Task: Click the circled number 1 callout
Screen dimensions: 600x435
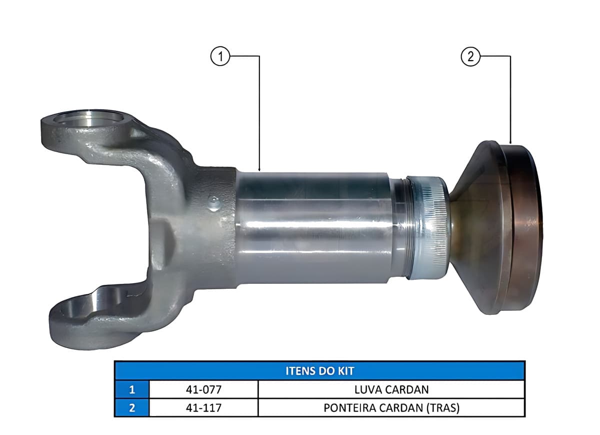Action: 220,57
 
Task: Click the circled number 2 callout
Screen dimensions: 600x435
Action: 470,57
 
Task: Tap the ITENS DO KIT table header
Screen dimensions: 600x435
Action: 319,371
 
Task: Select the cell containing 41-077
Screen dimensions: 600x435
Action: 203,389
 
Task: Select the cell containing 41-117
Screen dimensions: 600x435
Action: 203,407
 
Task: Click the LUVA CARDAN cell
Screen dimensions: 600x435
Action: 391,389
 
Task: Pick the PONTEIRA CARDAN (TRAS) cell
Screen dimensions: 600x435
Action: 391,407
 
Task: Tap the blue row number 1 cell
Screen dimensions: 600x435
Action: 132,389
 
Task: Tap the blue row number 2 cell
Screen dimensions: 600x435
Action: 132,407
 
